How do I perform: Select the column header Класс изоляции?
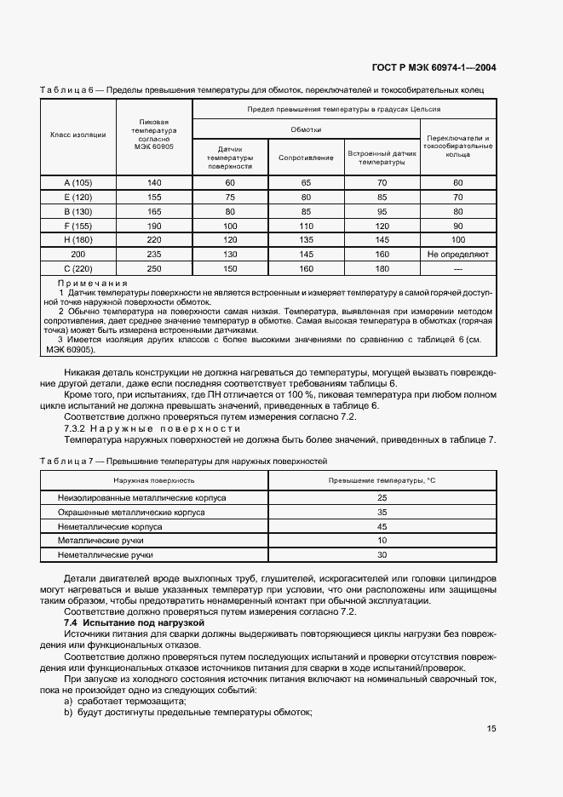coord(78,135)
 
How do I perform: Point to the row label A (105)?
coord(78,183)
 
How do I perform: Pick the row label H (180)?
coord(78,240)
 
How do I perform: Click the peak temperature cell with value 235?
coord(153,255)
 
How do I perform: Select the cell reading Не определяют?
coord(458,255)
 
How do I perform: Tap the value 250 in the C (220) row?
coord(153,269)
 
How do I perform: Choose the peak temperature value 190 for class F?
coord(153,226)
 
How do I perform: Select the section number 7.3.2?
coord(78,428)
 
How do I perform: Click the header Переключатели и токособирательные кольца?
coord(458,146)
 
